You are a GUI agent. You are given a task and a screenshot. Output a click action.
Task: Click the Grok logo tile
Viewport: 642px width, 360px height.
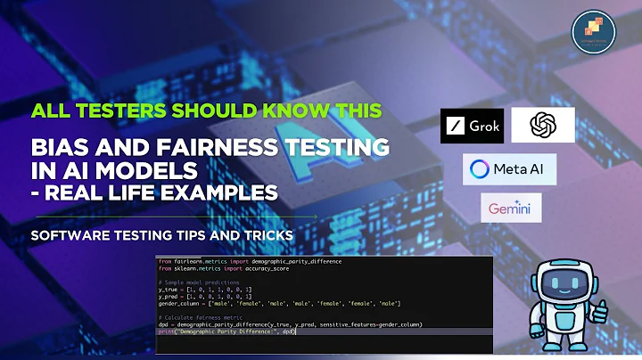point(471,126)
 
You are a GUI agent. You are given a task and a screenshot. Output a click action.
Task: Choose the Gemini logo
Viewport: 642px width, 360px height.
point(509,210)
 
